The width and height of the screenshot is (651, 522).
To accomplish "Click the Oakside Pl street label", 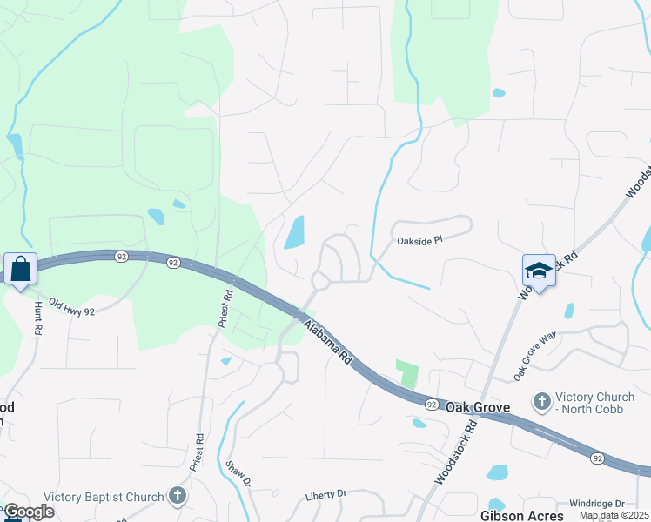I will [420, 241].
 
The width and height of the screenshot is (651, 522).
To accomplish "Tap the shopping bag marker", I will [20, 269].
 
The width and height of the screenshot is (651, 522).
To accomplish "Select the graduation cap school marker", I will [539, 271].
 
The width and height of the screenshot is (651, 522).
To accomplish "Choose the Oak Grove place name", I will [478, 406].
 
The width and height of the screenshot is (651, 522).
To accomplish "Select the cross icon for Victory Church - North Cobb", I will [542, 401].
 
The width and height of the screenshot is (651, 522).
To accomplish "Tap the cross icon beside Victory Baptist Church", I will [177, 497].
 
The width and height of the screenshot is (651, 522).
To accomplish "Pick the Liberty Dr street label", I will [325, 493].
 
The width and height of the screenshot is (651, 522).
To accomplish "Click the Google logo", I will [29, 512].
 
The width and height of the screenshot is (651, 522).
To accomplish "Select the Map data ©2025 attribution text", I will [613, 515].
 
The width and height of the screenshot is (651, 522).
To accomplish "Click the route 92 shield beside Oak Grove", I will [433, 405].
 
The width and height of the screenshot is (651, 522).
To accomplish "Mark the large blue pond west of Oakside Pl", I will [295, 232].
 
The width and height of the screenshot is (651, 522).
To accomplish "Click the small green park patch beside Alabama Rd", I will [406, 374].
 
